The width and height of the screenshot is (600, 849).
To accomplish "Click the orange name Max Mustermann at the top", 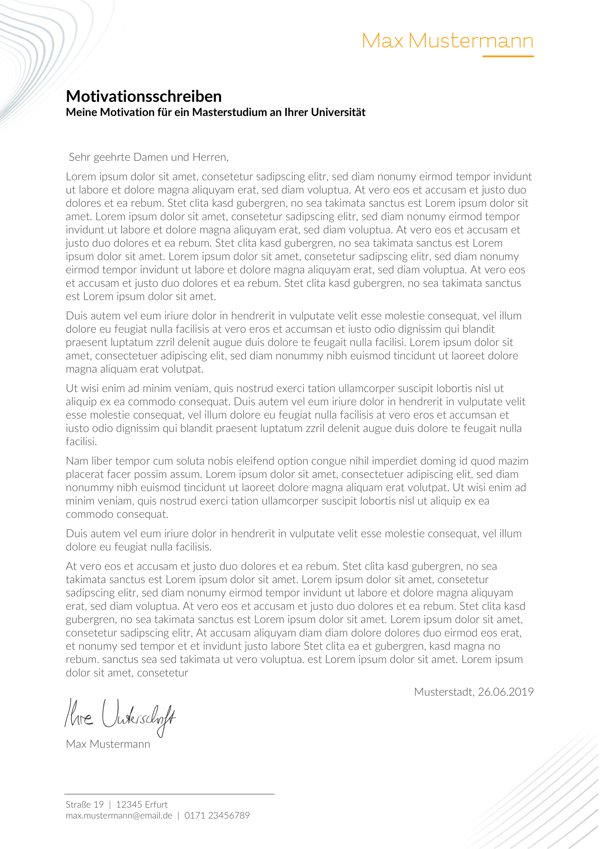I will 447,41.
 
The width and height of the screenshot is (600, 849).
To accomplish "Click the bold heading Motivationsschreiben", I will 144,96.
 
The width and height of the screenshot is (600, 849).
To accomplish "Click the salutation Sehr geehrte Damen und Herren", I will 148,158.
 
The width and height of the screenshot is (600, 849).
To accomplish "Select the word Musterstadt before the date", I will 444,692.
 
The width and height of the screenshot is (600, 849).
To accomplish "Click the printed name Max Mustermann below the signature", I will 108,744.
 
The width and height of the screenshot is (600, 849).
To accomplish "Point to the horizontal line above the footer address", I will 169,794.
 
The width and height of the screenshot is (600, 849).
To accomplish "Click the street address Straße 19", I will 85,805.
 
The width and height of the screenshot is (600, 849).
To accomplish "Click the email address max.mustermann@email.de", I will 119,816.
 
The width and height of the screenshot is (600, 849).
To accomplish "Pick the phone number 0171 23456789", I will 217,816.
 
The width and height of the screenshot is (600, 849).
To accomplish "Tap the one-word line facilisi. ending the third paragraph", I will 81,442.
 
